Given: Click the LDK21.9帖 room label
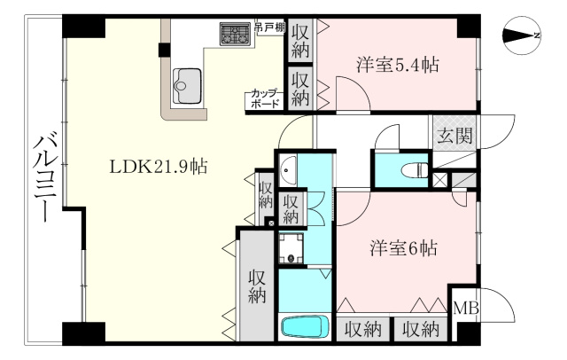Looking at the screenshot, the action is coord(159,167).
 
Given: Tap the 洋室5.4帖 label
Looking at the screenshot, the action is coord(398,65).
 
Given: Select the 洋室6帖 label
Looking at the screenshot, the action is coord(403,248).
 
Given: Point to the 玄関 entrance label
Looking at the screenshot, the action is coord(454,136).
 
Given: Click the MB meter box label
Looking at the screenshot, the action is coord(466,309).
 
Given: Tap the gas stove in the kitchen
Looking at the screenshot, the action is coord(236,34).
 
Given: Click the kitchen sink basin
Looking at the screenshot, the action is coord(187,86).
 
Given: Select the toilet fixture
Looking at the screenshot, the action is coord(416,169).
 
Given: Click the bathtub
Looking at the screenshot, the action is coord(305,326).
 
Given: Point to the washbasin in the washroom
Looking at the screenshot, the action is coord(288,170).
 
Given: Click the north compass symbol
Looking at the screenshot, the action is coord(521,35).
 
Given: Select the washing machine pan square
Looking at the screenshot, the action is coord(291,248).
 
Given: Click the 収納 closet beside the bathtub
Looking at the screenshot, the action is coord(257,286).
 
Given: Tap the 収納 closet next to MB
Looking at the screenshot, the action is coord(421,329).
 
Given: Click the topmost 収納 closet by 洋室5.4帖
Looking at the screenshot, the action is coord(300,41).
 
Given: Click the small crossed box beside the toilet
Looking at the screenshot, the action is coord(440,180).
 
